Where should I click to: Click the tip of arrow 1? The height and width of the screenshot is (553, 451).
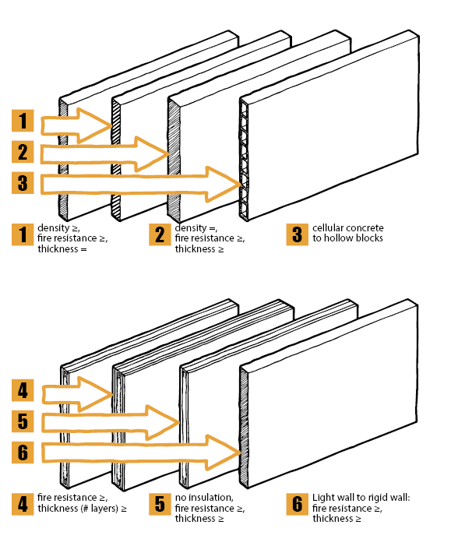coord(112,125)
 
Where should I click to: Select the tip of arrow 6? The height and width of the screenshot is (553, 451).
coord(241,452)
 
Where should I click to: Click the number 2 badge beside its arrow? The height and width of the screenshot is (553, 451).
coord(23,152)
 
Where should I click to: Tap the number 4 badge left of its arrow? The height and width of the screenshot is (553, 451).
coord(23,390)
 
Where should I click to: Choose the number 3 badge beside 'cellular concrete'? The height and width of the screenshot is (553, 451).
coord(297,234)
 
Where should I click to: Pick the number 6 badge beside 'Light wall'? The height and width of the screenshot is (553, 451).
coord(297,504)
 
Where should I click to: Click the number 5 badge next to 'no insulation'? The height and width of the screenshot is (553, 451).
coord(160,504)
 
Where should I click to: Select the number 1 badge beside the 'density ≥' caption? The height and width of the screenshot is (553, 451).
coord(23,234)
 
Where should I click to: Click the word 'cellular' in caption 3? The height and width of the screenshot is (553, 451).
coord(327,228)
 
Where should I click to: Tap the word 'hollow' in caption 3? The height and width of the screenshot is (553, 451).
coord(340,238)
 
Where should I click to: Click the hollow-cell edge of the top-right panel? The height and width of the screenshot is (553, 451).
coord(244,160)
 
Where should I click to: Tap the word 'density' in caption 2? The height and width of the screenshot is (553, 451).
coord(190,228)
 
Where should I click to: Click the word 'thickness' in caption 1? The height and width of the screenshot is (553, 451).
coord(58,248)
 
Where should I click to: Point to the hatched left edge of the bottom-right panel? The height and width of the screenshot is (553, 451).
coord(244,427)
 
